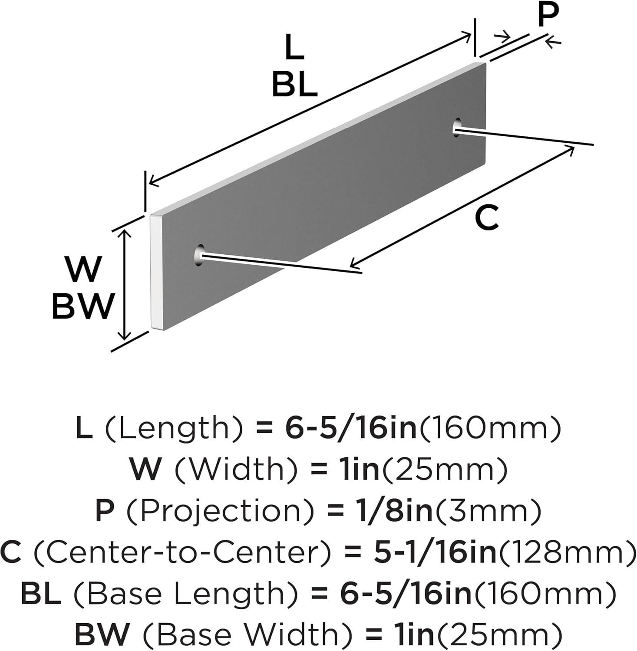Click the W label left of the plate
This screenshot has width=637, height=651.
(x=83, y=270)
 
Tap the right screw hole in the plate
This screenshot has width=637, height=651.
(x=457, y=127)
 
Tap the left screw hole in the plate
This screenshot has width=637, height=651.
(x=199, y=255)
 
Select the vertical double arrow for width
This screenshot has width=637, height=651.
(x=125, y=285)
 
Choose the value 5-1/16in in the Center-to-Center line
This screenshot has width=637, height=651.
(x=436, y=552)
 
